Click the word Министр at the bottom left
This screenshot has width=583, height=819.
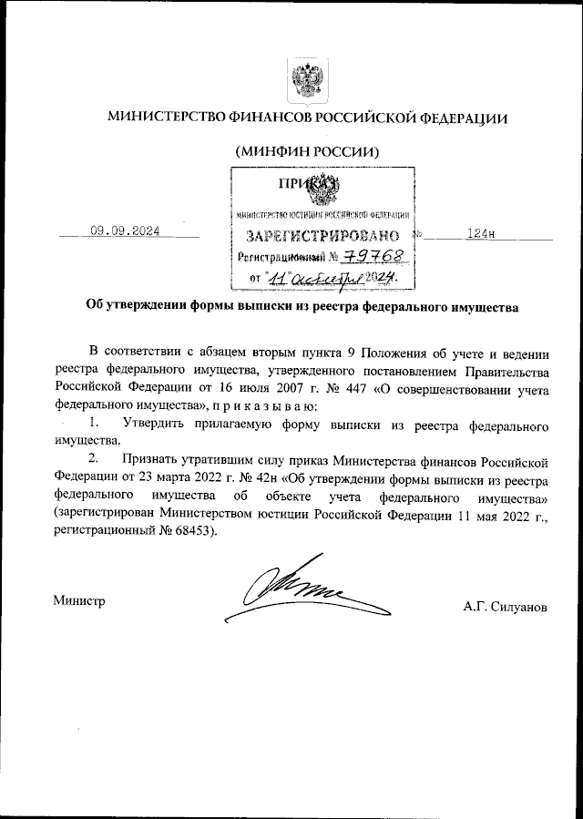[80, 601]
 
